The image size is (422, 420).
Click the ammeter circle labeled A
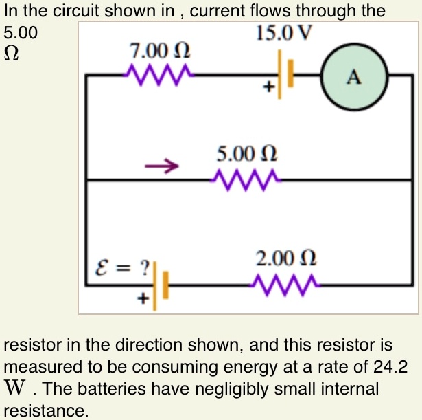pos(354,78)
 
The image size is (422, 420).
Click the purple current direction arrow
pos(161,166)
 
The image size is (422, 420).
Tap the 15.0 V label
pos(283,32)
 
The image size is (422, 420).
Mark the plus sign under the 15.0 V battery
pos(271,87)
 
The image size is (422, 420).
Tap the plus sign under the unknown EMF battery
pos(143,299)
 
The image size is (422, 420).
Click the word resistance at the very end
pos(46,411)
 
